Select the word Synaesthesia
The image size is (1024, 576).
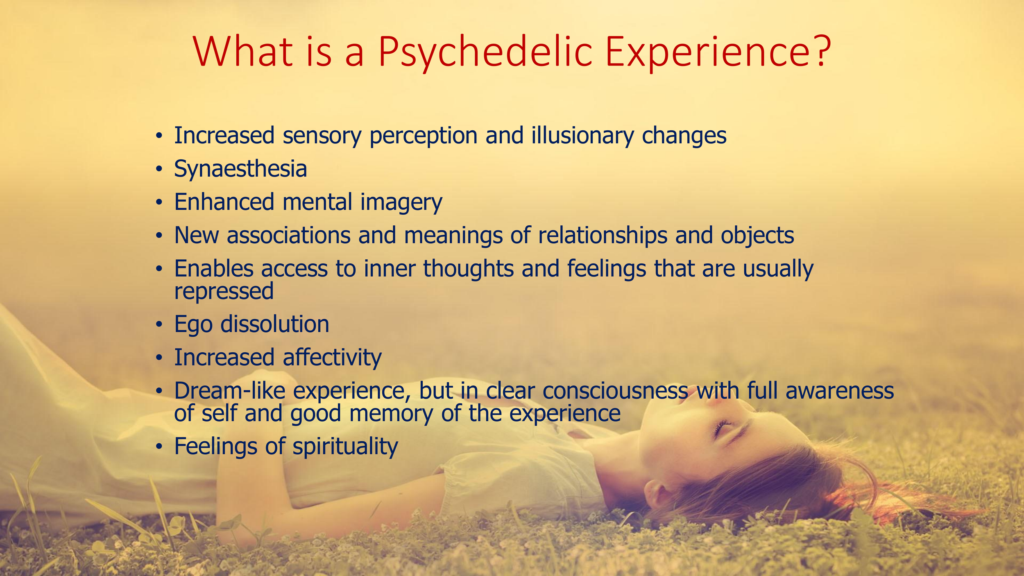[x=240, y=169]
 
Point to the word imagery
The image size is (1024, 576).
[x=401, y=203]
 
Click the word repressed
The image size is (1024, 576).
[x=224, y=292]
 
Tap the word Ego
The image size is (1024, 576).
[x=193, y=325]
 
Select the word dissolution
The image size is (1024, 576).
[x=274, y=324]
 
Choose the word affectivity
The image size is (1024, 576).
[x=332, y=358]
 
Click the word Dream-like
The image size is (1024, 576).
[x=229, y=391]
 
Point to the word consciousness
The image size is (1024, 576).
[x=615, y=391]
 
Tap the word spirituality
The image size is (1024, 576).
[x=345, y=447]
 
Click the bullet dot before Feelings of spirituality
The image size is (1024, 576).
[x=159, y=446]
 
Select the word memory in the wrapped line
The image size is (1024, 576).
[x=391, y=413]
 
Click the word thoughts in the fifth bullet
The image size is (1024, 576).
[x=468, y=269]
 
